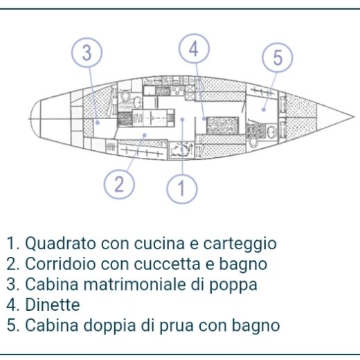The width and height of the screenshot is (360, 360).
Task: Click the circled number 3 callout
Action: tap(86, 53)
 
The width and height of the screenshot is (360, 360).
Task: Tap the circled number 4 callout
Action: tap(194, 48)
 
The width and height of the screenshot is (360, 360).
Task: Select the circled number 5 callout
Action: tap(278, 57)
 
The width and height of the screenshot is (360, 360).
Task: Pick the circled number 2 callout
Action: tap(119, 183)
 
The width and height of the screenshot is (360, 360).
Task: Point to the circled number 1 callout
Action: tap(182, 188)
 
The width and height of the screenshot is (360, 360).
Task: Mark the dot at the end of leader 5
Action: tap(264, 108)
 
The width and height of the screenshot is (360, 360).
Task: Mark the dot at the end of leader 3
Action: tap(98, 123)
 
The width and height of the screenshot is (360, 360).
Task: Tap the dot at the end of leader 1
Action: tap(182, 119)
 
